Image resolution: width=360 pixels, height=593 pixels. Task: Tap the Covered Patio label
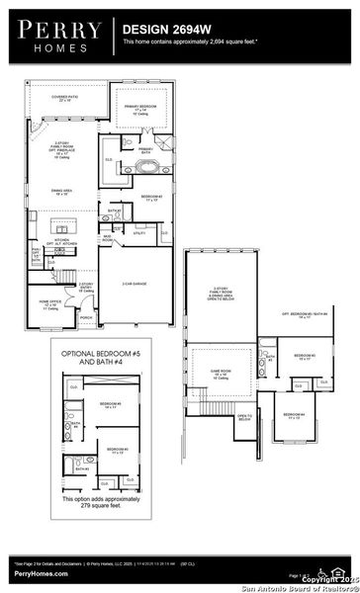tap(65, 98)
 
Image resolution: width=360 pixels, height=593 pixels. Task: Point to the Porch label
tap(87, 317)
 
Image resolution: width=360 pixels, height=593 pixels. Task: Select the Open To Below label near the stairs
tap(243, 417)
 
